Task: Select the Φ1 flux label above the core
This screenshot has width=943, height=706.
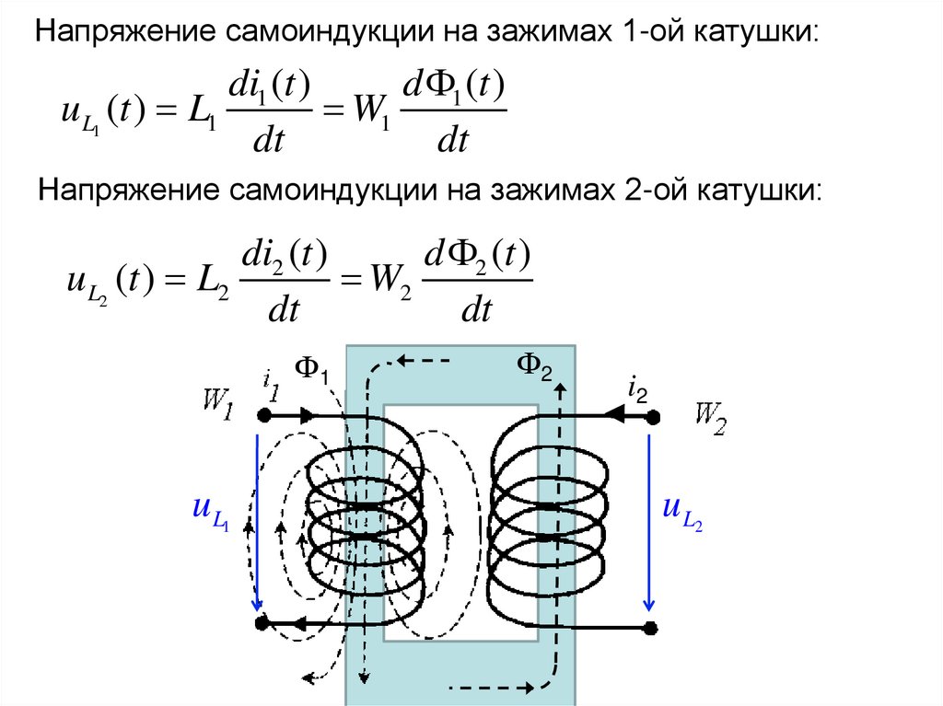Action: click(x=312, y=369)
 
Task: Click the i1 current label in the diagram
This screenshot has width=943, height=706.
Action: click(x=270, y=383)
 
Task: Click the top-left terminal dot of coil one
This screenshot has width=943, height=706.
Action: click(x=262, y=415)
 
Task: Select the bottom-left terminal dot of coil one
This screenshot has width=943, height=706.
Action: click(x=262, y=623)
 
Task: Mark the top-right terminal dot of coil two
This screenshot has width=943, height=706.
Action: click(x=653, y=417)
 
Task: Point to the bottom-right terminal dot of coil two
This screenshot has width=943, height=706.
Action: click(x=651, y=630)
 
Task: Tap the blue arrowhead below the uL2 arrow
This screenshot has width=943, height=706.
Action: click(x=649, y=604)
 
